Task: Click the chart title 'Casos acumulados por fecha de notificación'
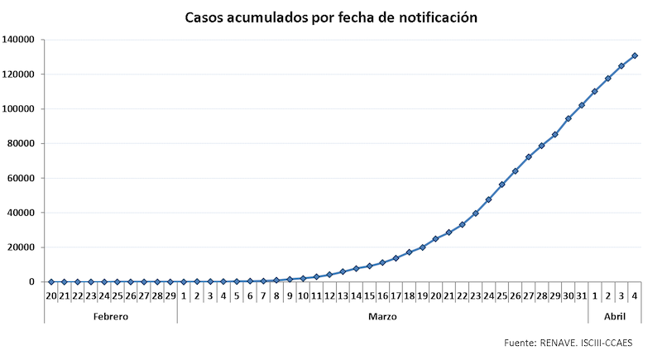tap(331, 17)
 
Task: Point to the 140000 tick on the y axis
tap(17, 40)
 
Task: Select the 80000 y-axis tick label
tap(20, 143)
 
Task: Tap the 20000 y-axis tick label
tap(20, 247)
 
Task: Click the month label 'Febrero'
tap(110, 316)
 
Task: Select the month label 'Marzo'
tap(382, 316)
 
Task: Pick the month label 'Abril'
tap(614, 316)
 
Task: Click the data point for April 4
tap(635, 55)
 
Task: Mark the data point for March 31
tap(582, 105)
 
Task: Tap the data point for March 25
tap(501, 185)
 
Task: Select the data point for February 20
tap(50, 282)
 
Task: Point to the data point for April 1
tap(595, 91)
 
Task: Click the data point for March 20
tap(435, 239)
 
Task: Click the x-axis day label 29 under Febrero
tap(170, 295)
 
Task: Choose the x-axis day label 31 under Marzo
tap(581, 295)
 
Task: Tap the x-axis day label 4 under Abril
tap(635, 295)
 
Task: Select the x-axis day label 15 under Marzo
tap(369, 295)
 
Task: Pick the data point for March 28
tap(542, 146)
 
